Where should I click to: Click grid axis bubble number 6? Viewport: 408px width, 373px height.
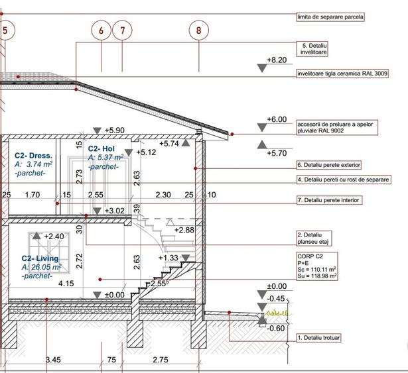click(x=102, y=30)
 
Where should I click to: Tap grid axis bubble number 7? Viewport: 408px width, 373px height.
click(x=122, y=30)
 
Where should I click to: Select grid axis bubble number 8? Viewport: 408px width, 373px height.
click(x=198, y=30)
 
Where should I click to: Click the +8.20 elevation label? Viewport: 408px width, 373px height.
click(x=276, y=60)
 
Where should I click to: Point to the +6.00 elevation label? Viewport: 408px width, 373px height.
click(x=276, y=119)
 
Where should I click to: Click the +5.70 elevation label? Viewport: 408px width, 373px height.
click(x=276, y=152)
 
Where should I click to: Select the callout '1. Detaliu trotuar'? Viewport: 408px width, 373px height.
click(x=319, y=338)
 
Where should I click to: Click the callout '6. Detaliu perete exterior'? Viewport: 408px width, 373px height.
click(x=328, y=164)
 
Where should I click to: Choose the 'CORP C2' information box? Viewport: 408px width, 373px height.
click(x=318, y=265)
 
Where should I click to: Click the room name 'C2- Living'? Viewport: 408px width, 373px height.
click(x=40, y=258)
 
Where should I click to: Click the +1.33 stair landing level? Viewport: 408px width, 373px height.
click(x=169, y=258)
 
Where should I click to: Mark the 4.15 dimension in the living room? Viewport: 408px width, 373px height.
click(x=66, y=284)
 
